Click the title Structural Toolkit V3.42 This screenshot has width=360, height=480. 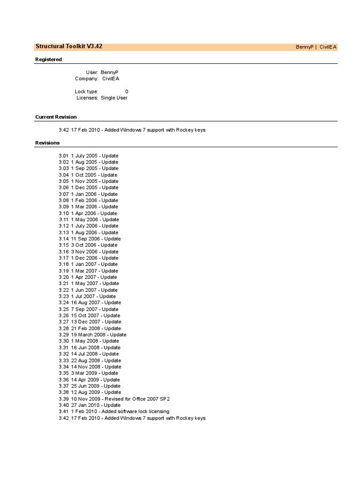(x=68, y=46)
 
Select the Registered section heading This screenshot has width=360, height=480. (x=48, y=60)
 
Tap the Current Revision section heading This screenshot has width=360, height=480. (x=56, y=117)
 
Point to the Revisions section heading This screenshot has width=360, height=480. (x=47, y=142)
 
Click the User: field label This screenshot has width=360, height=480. (x=92, y=72)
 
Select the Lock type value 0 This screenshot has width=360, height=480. (x=127, y=91)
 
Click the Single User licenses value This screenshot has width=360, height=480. (x=114, y=98)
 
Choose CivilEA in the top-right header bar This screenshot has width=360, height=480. (x=328, y=47)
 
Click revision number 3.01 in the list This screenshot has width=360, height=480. (x=63, y=156)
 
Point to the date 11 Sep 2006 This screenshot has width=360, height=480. (x=85, y=239)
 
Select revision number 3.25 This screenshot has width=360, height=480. (x=63, y=309)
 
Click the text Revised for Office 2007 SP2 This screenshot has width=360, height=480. (x=135, y=399)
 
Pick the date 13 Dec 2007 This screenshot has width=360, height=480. (x=85, y=322)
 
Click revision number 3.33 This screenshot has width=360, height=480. (x=63, y=360)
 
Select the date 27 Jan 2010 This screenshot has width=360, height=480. (x=85, y=405)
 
